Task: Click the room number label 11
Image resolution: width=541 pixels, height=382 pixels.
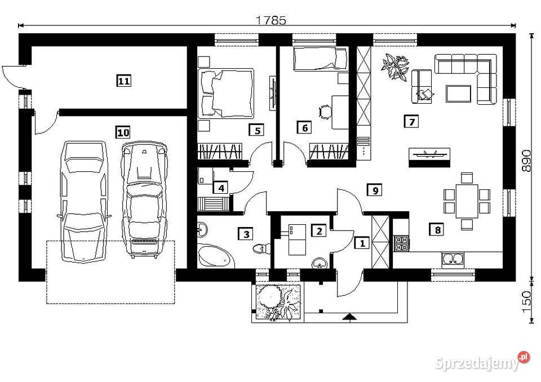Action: click(124, 81)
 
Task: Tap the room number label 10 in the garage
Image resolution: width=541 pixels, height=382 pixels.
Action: click(123, 133)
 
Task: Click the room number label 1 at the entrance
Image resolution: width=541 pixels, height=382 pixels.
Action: click(361, 243)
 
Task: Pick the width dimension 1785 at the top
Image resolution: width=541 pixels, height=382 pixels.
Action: click(271, 20)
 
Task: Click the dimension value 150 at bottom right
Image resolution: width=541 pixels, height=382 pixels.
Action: click(526, 302)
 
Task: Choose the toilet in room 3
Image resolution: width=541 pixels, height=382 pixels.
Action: click(260, 247)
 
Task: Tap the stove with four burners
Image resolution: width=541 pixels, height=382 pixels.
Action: click(401, 243)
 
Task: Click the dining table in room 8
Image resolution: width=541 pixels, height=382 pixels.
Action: click(467, 199)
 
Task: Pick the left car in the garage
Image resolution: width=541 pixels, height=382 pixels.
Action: click(83, 200)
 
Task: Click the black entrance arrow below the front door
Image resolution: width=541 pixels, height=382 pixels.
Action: click(349, 317)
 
